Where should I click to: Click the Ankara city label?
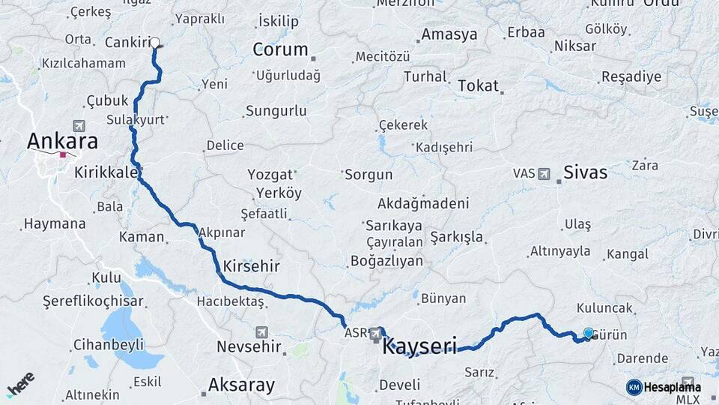click(x=62, y=141)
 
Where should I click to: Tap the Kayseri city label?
click(x=419, y=346)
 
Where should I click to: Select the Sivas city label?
click(x=586, y=172)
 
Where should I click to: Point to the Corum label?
click(x=280, y=50)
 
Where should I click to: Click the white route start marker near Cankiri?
click(x=156, y=43)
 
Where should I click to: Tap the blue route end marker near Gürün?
click(x=588, y=334)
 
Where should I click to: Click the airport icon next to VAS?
click(x=543, y=173)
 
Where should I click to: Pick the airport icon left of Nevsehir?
click(x=261, y=331)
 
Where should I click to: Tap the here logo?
click(x=20, y=385)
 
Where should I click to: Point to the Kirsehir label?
click(x=251, y=266)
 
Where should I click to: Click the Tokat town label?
click(x=478, y=85)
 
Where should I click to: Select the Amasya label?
click(x=449, y=34)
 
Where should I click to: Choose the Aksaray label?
click(x=241, y=385)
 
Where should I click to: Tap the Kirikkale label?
click(x=106, y=172)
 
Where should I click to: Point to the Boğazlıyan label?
click(x=386, y=261)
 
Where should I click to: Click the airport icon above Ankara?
click(x=79, y=124)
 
